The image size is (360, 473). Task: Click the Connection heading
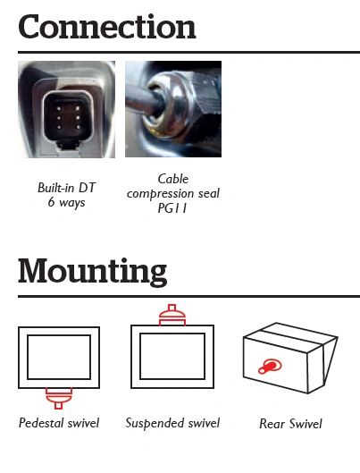[x=107, y=27]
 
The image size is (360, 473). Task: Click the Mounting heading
[x=93, y=272]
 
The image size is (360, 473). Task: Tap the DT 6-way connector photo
[x=67, y=109]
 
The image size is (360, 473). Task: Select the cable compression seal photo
[x=173, y=109]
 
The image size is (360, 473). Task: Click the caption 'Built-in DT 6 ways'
[x=66, y=195]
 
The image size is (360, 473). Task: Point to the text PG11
[x=172, y=208]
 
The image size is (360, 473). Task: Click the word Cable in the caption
[x=173, y=179]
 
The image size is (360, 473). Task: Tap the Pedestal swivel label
[x=59, y=423]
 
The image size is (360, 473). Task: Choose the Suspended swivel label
[x=172, y=423]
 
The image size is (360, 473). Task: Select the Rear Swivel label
[x=290, y=424]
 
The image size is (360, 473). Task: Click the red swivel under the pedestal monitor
[x=59, y=398]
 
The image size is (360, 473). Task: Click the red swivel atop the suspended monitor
[x=172, y=315]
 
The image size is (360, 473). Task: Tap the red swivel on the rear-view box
[x=270, y=367]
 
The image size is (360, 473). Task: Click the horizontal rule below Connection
[x=188, y=52]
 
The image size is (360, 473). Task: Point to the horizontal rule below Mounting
[x=188, y=297]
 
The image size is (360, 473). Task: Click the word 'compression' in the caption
[x=161, y=194]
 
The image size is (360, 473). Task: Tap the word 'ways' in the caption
[x=72, y=203]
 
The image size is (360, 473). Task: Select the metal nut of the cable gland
[x=165, y=104]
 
